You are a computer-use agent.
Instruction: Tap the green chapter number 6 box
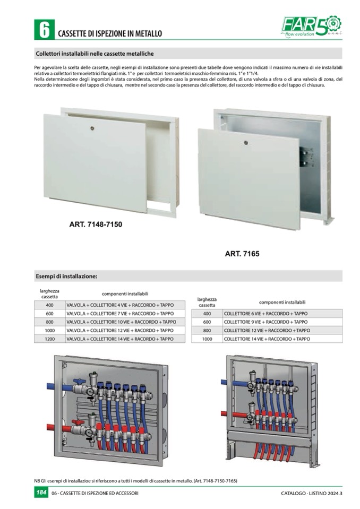tap(42, 29)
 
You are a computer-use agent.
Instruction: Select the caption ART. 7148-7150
tap(96, 225)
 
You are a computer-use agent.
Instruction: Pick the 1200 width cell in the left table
tap(49, 339)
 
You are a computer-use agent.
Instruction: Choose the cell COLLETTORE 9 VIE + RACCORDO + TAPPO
tap(265, 322)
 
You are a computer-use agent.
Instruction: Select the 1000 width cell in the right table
tap(207, 339)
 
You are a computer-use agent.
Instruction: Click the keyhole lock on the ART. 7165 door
tap(246, 143)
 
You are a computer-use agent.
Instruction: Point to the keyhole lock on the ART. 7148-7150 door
tap(95, 128)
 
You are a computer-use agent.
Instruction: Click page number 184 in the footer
tap(41, 493)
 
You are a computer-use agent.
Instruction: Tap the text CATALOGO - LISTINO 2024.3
tap(312, 494)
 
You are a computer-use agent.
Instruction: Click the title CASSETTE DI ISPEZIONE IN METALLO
tap(109, 33)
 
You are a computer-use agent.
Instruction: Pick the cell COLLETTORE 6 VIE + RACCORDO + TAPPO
tap(265, 314)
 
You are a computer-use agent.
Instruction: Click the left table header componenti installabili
tap(125, 294)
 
